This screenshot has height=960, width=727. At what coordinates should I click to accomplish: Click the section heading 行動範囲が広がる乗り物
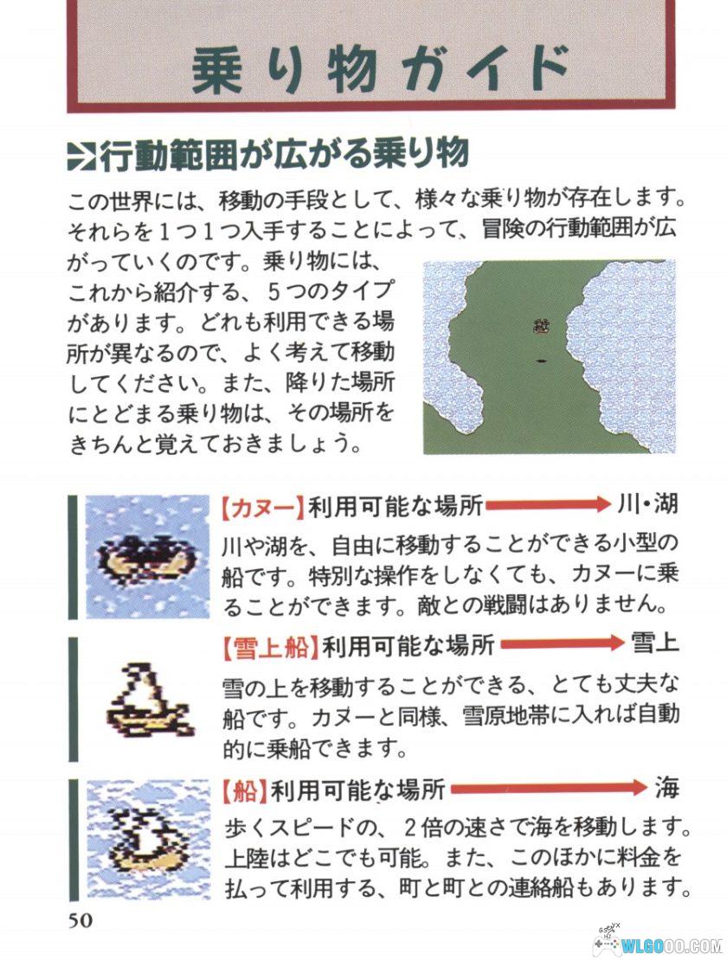pos(286,154)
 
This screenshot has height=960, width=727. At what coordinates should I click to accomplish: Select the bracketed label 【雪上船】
pos(268,644)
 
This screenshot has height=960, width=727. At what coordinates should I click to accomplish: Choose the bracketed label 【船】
pos(242,789)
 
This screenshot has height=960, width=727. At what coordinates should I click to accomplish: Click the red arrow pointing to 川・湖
pos(545,506)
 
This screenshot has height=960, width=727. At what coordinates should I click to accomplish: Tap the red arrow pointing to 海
pos(549,789)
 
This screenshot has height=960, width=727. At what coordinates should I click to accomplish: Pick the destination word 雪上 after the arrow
pos(655,643)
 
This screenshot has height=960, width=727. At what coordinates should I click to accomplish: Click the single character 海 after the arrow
pos(666,788)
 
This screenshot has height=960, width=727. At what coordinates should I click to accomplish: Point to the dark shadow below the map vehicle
pos(542,360)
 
